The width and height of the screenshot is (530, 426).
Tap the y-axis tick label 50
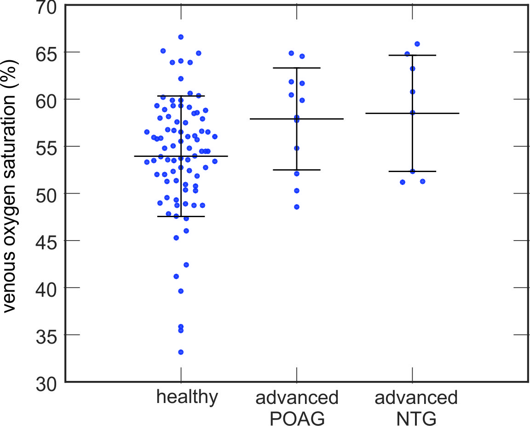click(x=47, y=194)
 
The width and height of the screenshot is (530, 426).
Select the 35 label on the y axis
click(x=47, y=335)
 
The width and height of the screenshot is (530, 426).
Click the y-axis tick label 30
click(x=47, y=382)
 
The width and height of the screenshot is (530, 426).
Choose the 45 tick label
click(x=47, y=241)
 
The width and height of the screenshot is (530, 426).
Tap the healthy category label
click(x=187, y=397)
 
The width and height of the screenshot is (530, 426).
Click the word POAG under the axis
click(x=296, y=418)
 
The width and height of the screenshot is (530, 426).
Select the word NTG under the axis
click(x=416, y=418)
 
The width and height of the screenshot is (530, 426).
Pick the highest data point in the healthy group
click(x=181, y=37)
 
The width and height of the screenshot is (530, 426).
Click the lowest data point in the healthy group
click(x=181, y=352)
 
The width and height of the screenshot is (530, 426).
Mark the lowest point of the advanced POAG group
click(x=296, y=207)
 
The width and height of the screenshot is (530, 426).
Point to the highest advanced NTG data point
click(x=417, y=44)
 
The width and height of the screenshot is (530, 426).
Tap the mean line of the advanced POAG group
click(x=322, y=119)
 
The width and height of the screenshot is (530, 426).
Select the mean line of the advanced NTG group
click(x=437, y=113)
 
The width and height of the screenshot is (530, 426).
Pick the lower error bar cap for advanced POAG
click(x=308, y=170)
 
